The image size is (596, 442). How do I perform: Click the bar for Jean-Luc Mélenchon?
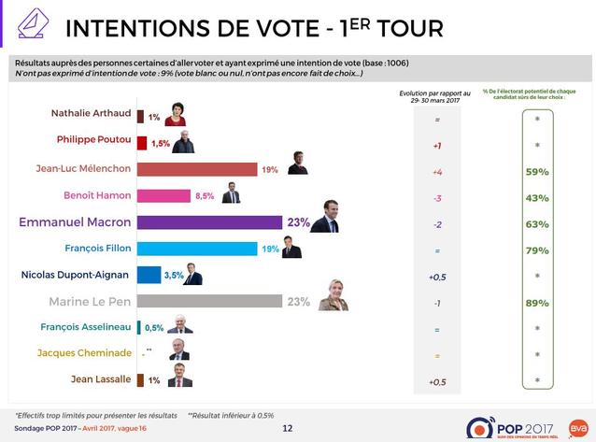tap(196, 169)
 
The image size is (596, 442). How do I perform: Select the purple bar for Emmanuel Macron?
tap(209, 222)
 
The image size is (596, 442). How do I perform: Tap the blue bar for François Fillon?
tap(196, 249)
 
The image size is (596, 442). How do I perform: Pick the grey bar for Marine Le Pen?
tap(209, 301)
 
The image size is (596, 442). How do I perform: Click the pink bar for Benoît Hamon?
tap(163, 195)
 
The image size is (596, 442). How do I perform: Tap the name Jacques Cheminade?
tap(82, 353)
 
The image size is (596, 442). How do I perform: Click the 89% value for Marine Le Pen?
tap(536, 301)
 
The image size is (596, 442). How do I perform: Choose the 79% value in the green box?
tap(536, 249)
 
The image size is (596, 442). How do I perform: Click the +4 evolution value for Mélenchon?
tap(437, 173)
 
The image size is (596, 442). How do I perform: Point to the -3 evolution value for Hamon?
tap(437, 199)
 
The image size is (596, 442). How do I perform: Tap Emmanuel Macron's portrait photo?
tap(324, 217)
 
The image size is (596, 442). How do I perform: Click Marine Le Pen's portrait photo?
tap(333, 294)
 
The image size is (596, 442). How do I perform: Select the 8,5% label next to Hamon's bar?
tap(205, 196)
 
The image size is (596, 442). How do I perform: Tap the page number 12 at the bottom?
tap(288, 427)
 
